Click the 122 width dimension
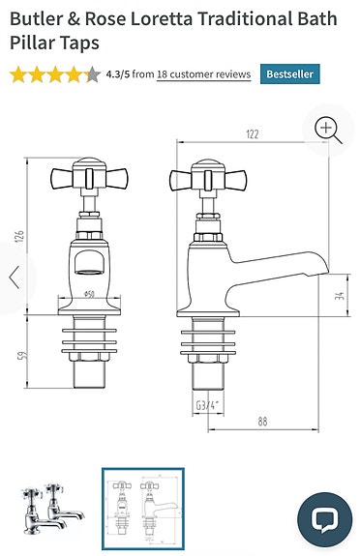pyautogui.click(x=253, y=135)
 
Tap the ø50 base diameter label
pyautogui.click(x=89, y=293)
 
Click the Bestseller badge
pyautogui.click(x=288, y=73)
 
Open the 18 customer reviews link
pyautogui.click(x=203, y=73)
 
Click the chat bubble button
pyautogui.click(x=323, y=519)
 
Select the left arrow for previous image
pyautogui.click(x=15, y=278)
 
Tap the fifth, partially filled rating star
pyautogui.click(x=92, y=73)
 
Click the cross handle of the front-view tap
pyautogui.click(x=88, y=178)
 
